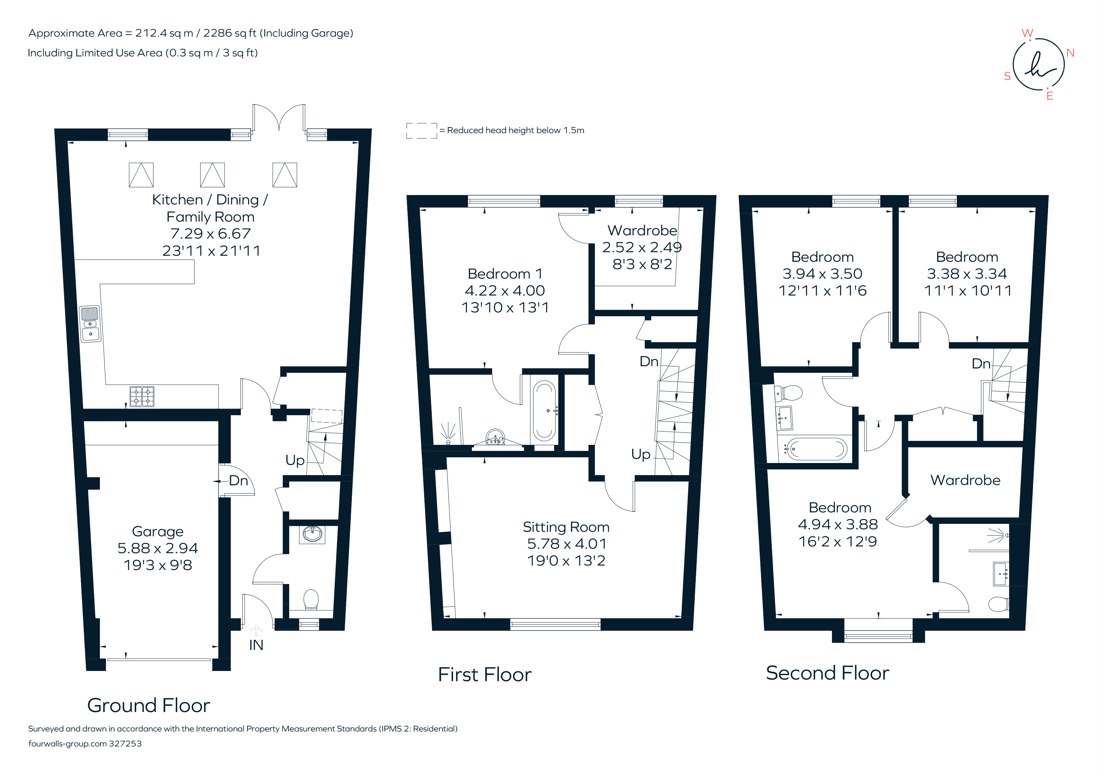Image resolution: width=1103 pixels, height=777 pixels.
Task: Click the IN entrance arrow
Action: click(x=256, y=630)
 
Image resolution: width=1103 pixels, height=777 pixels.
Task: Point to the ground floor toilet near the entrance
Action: click(x=311, y=600)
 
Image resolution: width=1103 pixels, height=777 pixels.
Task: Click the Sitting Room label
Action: click(x=566, y=527)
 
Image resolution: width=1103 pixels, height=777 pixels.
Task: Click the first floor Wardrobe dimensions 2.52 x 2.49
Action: click(x=642, y=247)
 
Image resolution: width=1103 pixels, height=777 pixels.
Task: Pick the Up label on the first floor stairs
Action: click(x=640, y=454)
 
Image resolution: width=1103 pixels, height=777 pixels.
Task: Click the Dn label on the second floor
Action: click(x=981, y=363)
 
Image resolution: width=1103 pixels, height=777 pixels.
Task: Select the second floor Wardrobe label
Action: click(x=965, y=480)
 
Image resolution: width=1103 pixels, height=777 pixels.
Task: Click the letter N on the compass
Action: click(x=1070, y=53)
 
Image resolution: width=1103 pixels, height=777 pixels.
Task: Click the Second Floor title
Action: click(x=827, y=673)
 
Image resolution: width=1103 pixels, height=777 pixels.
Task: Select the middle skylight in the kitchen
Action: click(x=212, y=175)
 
